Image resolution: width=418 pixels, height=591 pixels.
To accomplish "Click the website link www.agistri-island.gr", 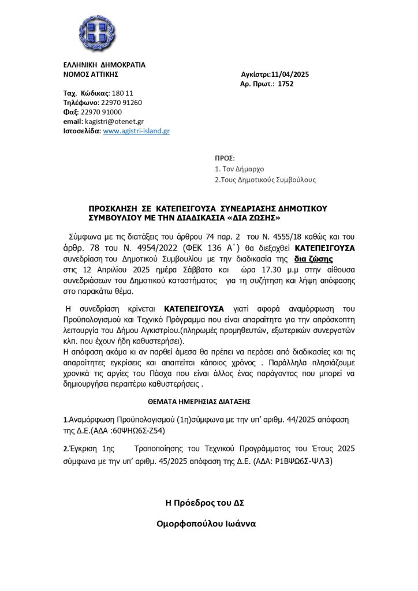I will pyautogui.click(x=136, y=131).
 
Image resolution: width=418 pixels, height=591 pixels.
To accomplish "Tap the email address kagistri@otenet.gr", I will pyautogui.click(x=114, y=122).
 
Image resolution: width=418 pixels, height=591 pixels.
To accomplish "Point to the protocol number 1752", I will pyautogui.click(x=286, y=84).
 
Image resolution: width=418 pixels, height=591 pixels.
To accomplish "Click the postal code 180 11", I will pyautogui.click(x=122, y=93).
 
